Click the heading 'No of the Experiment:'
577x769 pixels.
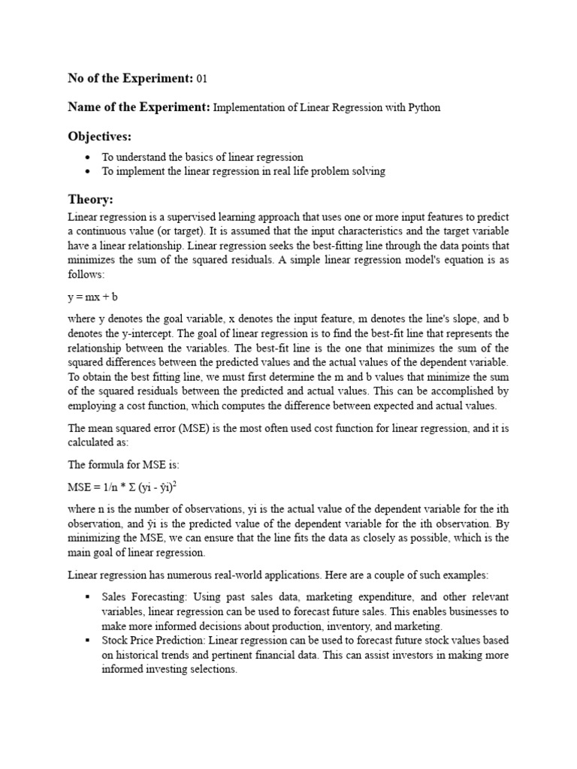coord(130,79)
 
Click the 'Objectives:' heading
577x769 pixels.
coord(99,136)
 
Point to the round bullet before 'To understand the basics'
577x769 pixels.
coord(89,158)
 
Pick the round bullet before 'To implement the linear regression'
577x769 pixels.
coord(89,171)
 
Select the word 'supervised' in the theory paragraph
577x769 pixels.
coord(183,217)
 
